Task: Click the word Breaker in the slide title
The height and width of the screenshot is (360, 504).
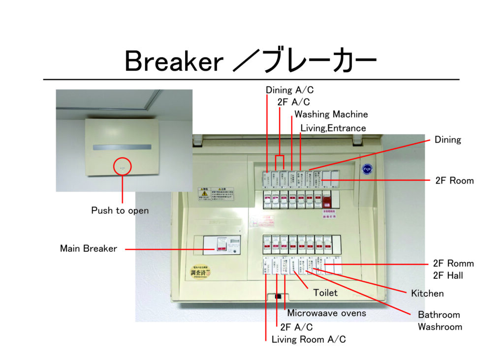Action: [x=174, y=61]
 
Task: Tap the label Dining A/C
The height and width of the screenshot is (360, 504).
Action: [x=289, y=90]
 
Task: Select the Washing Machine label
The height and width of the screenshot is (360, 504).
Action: [x=331, y=115]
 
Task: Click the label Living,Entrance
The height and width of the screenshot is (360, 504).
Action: [x=333, y=128]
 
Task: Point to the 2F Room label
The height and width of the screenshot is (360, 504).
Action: [x=454, y=180]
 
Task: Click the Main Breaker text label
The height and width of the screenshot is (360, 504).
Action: [x=89, y=248]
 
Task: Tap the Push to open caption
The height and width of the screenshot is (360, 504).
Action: [x=120, y=210]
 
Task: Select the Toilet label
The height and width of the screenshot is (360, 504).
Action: [x=326, y=293]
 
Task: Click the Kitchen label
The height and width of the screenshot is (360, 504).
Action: [x=427, y=294]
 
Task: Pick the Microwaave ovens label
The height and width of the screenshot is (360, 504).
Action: [x=326, y=313]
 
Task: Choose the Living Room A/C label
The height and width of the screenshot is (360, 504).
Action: [x=309, y=340]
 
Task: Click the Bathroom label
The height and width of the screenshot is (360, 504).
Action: [x=439, y=315]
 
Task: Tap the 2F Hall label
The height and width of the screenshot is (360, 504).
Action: [x=448, y=275]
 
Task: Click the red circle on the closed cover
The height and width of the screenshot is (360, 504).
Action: [x=123, y=166]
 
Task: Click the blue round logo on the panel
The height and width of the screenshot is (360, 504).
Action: [x=367, y=168]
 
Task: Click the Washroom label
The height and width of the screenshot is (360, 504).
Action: [x=440, y=327]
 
